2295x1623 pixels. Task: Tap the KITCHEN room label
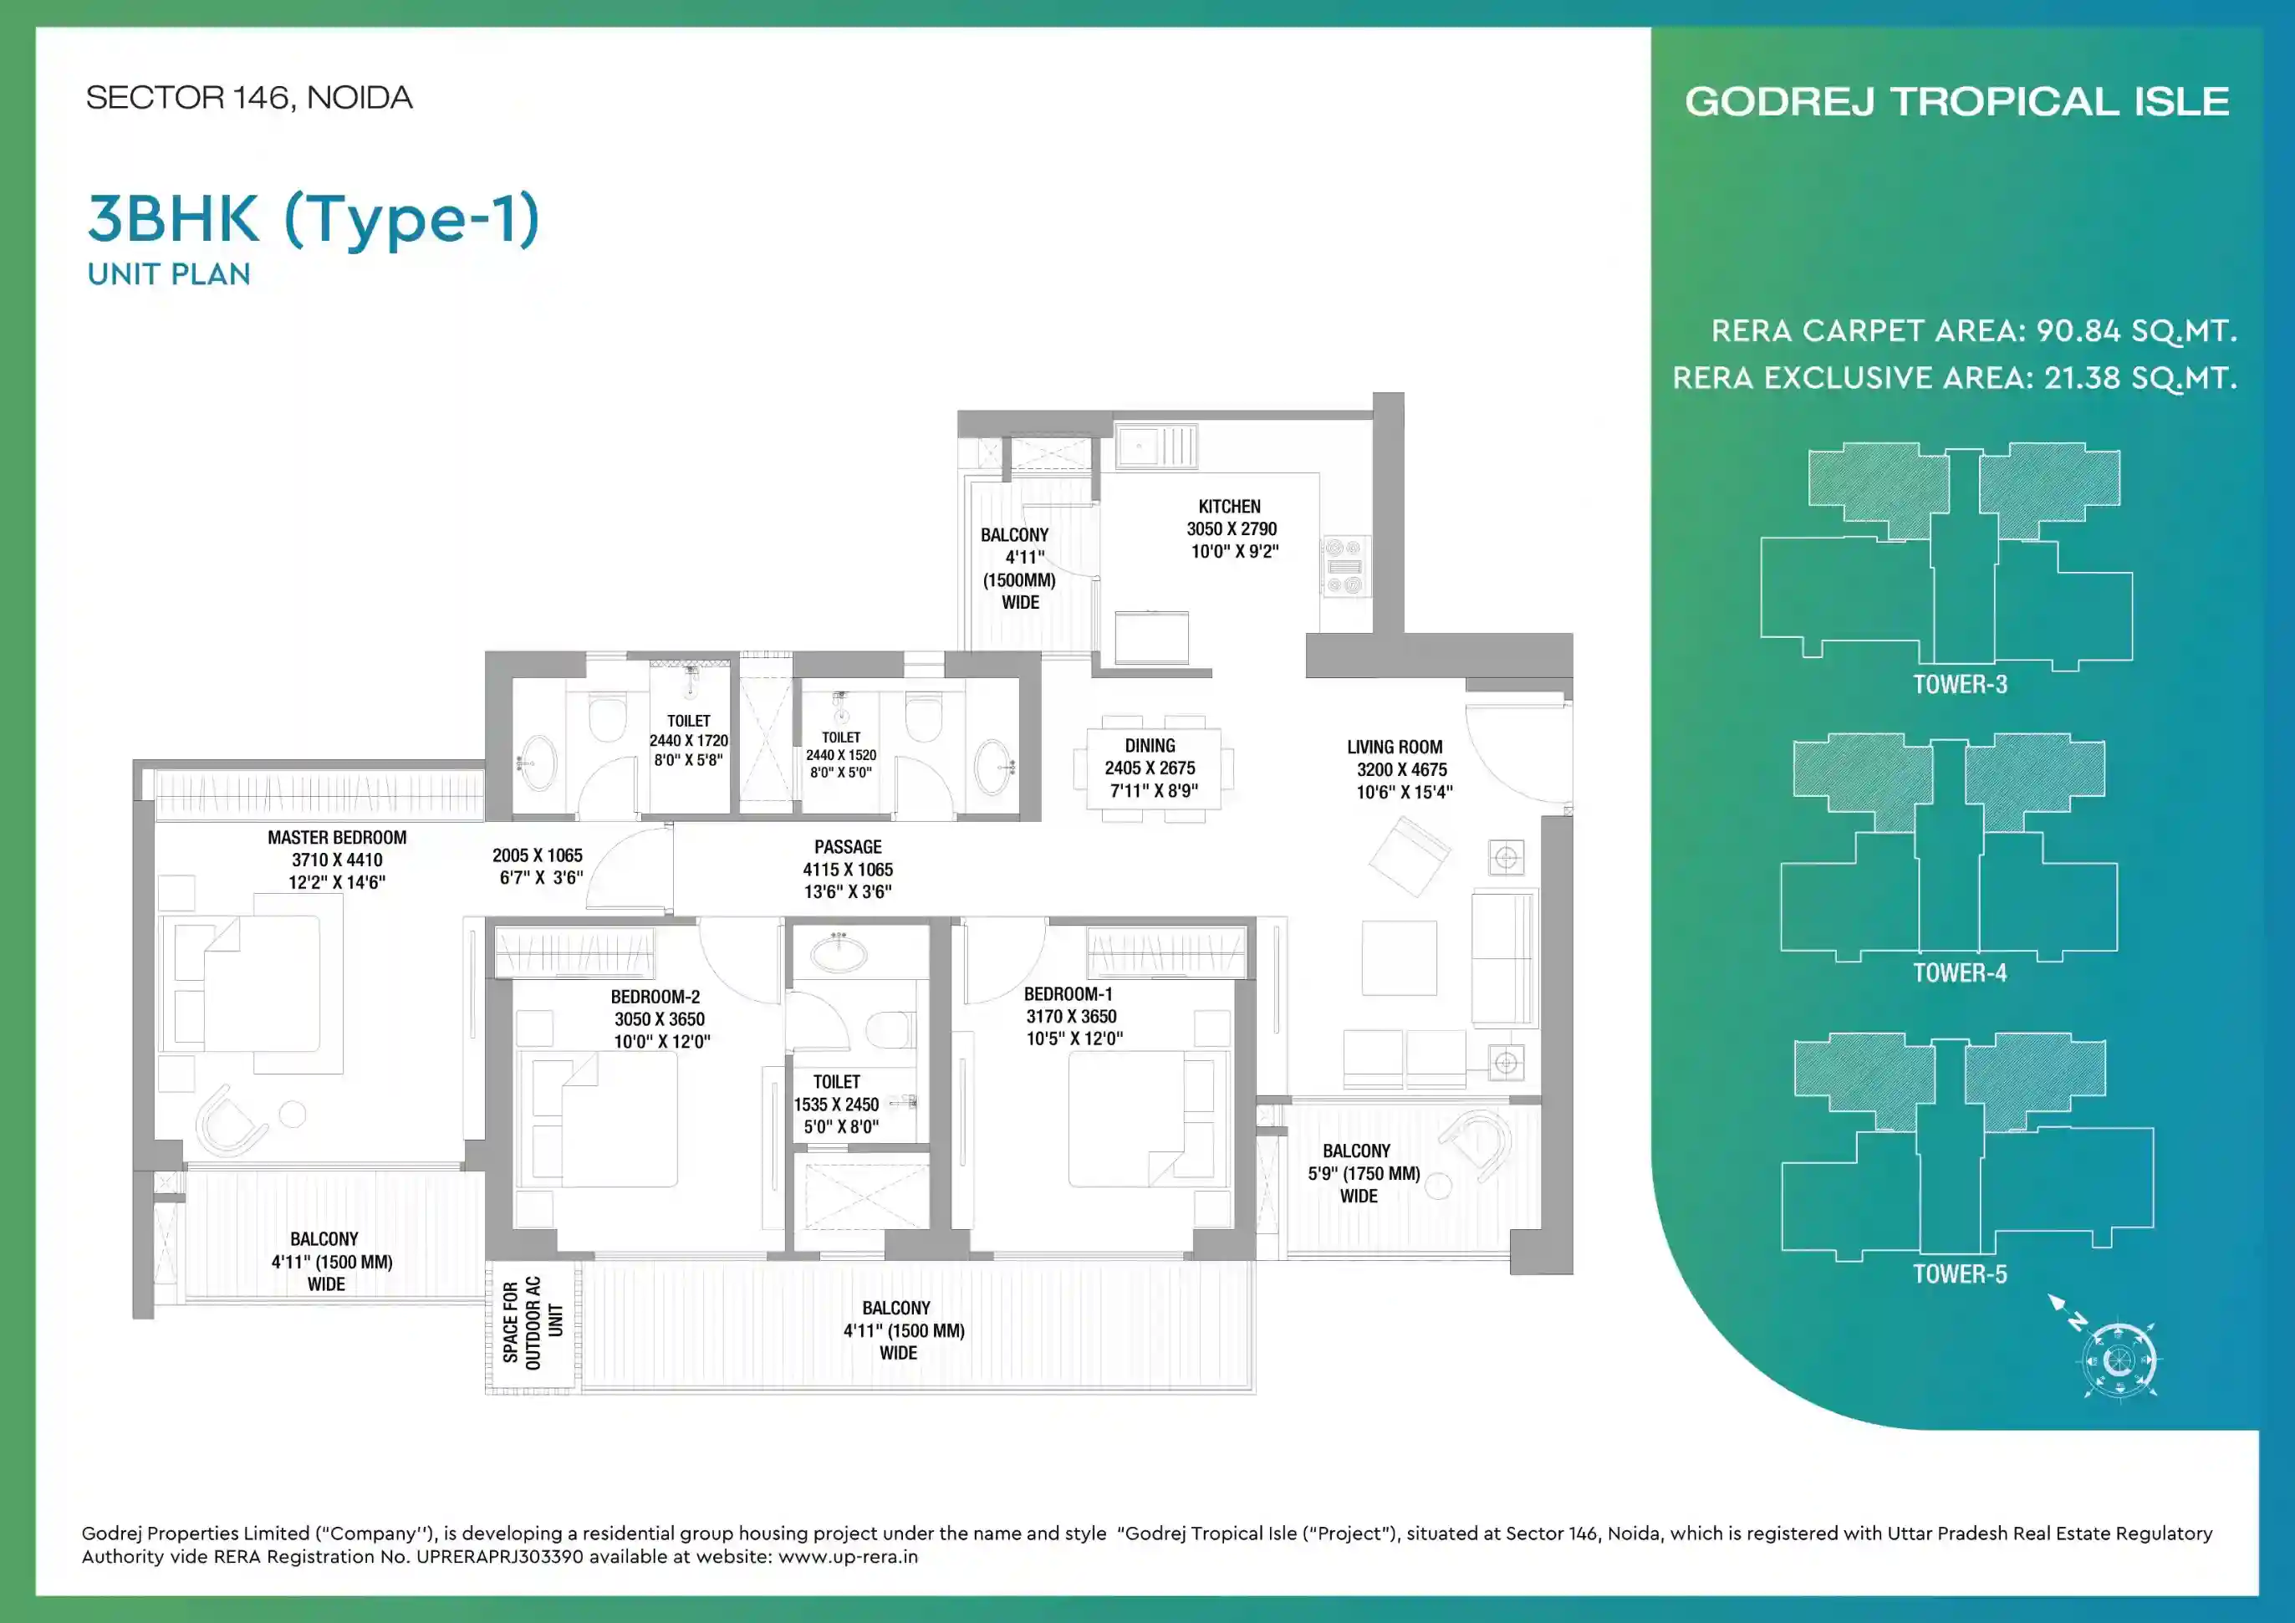point(1230,507)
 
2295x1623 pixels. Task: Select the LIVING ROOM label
point(1395,747)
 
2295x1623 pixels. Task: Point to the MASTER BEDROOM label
point(337,838)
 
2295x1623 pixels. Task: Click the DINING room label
point(1150,746)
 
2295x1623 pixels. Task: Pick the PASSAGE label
point(848,846)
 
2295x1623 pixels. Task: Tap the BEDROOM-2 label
point(655,997)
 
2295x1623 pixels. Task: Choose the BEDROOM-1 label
point(1068,993)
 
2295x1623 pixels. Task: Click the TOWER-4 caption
point(1959,972)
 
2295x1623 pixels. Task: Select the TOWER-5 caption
point(1959,1273)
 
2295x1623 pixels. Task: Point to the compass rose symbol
point(2118,1359)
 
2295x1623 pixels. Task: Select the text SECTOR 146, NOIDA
point(249,98)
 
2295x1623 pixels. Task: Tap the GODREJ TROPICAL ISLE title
point(1957,102)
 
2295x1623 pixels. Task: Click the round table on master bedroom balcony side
point(292,1113)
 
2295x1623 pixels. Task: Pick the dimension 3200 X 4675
point(1401,769)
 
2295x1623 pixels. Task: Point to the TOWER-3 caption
point(1959,684)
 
